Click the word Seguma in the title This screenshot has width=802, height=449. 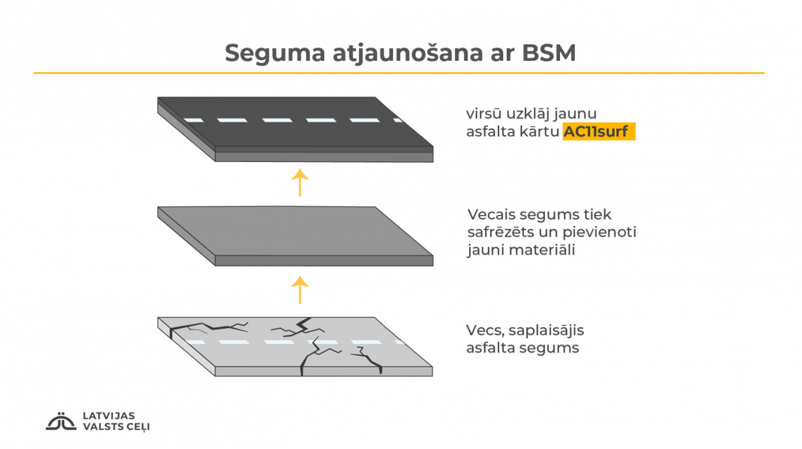pyautogui.click(x=275, y=54)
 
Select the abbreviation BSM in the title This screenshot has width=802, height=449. pyautogui.click(x=549, y=53)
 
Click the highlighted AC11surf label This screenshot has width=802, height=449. pyautogui.click(x=599, y=132)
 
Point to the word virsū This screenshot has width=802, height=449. pyautogui.click(x=484, y=114)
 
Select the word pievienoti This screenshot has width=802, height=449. pyautogui.click(x=599, y=233)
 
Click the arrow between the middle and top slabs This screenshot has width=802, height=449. pyautogui.click(x=299, y=183)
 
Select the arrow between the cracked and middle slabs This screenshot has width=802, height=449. pyautogui.click(x=299, y=290)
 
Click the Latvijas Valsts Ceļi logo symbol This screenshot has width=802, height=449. pyautogui.click(x=61, y=421)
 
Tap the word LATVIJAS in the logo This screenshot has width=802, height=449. pyautogui.click(x=109, y=416)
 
